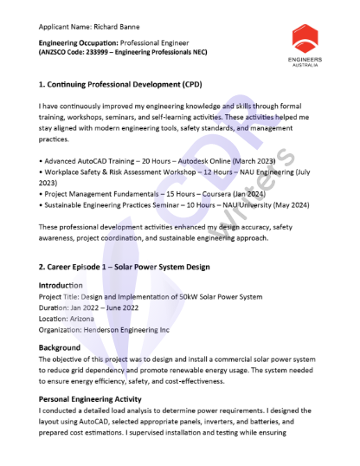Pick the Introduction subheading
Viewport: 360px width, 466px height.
pyautogui.click(x=61, y=285)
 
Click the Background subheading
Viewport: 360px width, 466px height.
pyautogui.click(x=60, y=347)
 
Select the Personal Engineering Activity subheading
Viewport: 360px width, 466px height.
pyautogui.click(x=96, y=398)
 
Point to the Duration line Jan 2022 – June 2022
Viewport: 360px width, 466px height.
pyautogui.click(x=96, y=307)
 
